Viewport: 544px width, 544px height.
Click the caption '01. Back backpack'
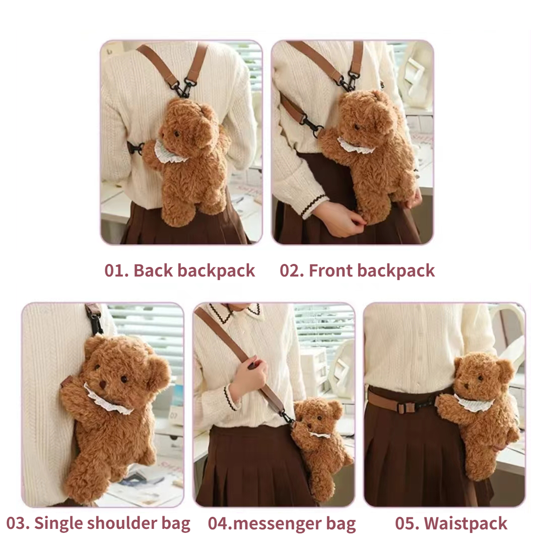click(180, 271)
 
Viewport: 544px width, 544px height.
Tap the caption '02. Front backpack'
click(357, 271)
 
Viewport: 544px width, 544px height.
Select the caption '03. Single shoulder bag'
click(98, 523)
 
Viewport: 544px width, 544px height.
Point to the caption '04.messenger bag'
click(282, 524)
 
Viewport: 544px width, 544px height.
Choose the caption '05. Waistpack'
click(451, 523)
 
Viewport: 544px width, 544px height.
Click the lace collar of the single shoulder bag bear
click(108, 399)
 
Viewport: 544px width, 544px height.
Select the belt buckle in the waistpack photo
click(403, 408)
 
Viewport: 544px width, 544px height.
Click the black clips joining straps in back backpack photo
click(184, 87)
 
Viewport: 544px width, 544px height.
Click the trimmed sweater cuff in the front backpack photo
click(315, 205)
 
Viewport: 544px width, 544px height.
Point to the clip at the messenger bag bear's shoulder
click(288, 418)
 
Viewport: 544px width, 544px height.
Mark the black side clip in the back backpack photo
click(137, 148)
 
